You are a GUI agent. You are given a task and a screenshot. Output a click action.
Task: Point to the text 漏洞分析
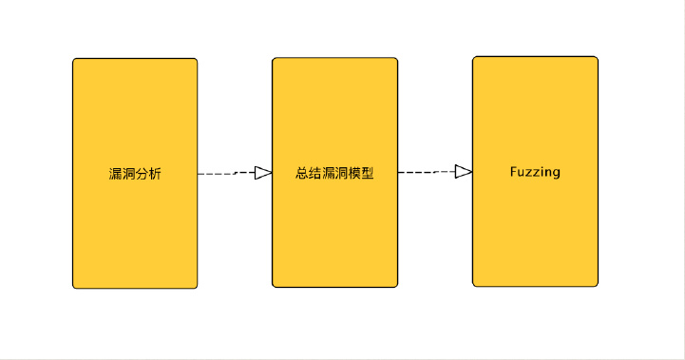[x=135, y=174]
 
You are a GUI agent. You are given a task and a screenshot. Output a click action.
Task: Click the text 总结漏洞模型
[x=334, y=174]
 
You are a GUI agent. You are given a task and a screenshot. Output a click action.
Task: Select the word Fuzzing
[x=535, y=172]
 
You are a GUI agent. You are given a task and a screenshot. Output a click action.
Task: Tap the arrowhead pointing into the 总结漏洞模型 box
[x=264, y=173]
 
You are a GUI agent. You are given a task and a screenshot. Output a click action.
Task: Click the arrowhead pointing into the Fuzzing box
[x=464, y=172]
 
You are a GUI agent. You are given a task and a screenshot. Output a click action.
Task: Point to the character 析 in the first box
[x=155, y=174]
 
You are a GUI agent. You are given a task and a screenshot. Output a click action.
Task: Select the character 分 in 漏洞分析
[x=142, y=174]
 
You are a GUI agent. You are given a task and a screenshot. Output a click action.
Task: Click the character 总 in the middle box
[x=302, y=174]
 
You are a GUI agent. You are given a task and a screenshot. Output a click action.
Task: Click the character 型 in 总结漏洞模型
[x=368, y=174]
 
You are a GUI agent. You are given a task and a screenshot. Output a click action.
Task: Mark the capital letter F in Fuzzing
[x=513, y=172]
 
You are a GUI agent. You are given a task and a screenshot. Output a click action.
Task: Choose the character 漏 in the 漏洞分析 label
[x=115, y=174]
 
